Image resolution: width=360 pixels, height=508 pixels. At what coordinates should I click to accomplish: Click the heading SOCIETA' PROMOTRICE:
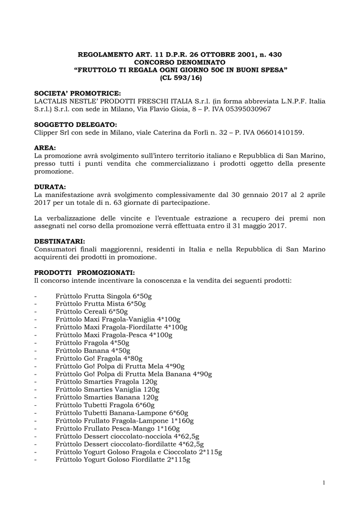[77, 93]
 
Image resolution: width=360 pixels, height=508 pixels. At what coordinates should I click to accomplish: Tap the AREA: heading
[45, 148]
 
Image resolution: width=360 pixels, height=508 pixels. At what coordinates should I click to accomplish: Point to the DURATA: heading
[50, 187]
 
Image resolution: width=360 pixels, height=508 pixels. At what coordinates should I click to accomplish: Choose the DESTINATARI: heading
[60, 241]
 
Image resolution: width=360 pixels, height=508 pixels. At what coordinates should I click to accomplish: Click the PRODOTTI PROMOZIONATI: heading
[84, 272]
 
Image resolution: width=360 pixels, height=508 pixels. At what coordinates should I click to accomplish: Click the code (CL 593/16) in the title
[180, 78]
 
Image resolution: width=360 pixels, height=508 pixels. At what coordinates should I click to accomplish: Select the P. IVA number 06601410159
[276, 132]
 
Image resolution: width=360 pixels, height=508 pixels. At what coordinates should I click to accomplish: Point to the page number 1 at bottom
[323, 483]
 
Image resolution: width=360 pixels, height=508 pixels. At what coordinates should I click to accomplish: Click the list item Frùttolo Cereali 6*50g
[91, 312]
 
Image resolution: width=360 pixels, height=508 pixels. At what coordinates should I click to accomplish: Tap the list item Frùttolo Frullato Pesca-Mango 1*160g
[118, 428]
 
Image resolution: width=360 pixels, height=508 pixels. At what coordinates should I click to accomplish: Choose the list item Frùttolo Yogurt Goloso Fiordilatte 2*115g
[123, 459]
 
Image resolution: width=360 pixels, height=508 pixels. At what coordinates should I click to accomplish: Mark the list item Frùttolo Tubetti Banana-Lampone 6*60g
[122, 413]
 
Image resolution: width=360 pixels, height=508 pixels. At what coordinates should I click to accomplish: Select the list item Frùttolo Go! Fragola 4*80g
[99, 358]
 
